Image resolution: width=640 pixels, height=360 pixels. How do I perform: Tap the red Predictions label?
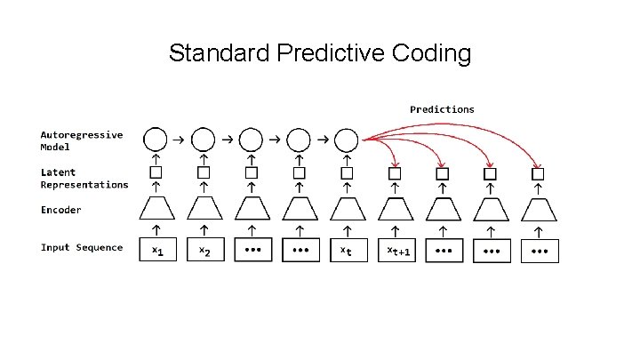[x=442, y=109]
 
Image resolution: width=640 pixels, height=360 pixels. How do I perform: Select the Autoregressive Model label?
[x=81, y=140]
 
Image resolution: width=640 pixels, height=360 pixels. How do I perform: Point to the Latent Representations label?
[x=84, y=178]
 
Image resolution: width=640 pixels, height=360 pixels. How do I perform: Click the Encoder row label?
[x=60, y=210]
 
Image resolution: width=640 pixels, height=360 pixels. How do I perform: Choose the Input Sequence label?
[x=81, y=247]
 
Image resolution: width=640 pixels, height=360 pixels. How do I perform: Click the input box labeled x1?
[x=157, y=251]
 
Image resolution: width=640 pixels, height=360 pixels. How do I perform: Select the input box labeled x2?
[x=205, y=251]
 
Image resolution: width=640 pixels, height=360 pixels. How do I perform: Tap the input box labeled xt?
[x=347, y=251]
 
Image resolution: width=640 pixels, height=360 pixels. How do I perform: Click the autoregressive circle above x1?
[x=156, y=140]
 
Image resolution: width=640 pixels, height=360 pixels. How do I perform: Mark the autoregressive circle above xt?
[x=347, y=140]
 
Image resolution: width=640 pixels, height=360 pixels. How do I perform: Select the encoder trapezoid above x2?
[x=204, y=210]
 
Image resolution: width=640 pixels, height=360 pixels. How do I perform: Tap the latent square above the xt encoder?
[x=347, y=172]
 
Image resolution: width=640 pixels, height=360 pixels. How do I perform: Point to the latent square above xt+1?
[x=395, y=172]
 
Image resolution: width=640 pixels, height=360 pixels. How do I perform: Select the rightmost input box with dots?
[x=540, y=251]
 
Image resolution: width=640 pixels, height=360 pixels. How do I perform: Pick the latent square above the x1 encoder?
[x=156, y=172]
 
